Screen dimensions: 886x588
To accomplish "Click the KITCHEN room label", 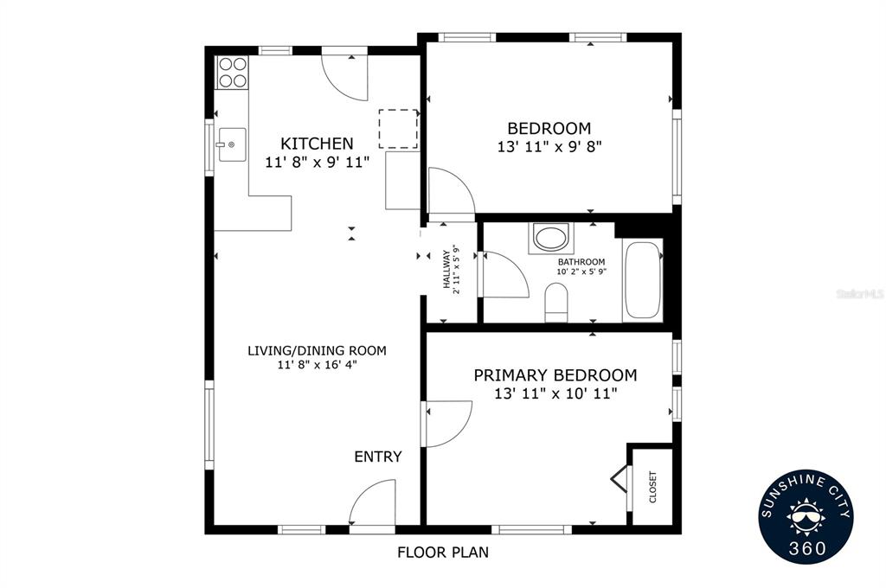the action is point(317,144).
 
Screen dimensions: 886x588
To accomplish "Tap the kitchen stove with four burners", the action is point(233,73).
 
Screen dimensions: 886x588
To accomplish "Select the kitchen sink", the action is point(232,144).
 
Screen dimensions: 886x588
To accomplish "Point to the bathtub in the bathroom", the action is point(643,280).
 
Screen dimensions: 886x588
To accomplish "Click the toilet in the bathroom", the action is point(556,302).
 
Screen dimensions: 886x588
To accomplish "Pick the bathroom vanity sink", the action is point(551,237).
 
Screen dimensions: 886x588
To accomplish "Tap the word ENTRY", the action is point(378,457).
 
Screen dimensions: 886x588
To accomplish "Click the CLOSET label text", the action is point(652,487).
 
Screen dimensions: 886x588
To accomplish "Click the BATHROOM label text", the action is point(581,262).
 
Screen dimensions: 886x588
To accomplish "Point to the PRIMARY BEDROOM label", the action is point(555,375).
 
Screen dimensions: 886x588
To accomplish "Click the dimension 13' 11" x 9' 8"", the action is point(549,147).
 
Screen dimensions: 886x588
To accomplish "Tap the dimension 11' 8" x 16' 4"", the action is point(317,365).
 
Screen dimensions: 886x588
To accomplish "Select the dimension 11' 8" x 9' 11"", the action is point(317,162).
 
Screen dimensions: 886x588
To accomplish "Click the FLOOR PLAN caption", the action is point(443,552).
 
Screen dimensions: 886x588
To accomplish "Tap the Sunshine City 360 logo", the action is point(806,516).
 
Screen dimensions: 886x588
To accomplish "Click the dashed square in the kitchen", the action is point(398,129).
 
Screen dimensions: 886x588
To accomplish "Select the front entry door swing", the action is point(372,502).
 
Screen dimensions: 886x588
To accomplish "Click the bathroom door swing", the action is point(504,274).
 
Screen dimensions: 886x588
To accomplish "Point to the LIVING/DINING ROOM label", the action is point(317,351).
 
